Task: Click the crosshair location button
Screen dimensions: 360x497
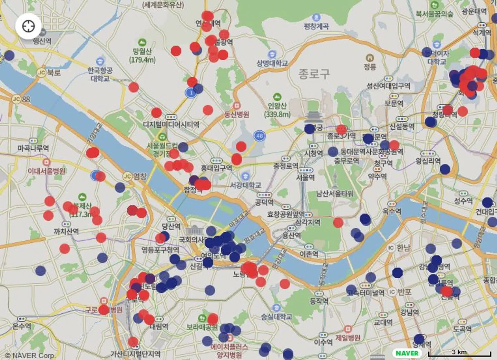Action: pos(28,26)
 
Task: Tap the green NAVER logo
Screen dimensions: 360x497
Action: pos(407,353)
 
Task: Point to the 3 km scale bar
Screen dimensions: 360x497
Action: pos(459,353)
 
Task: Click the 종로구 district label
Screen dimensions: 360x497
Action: pos(314,73)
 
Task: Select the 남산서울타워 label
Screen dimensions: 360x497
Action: pos(335,193)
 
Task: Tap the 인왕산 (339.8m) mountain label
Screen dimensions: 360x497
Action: pos(277,110)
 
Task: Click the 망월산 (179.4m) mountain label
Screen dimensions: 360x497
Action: pos(142,55)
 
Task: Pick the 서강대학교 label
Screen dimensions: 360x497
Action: pos(245,185)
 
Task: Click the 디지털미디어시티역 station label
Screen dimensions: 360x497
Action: pos(171,124)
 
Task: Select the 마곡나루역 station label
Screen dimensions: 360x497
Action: pos(33,148)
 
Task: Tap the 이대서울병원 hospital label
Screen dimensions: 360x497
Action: pos(47,171)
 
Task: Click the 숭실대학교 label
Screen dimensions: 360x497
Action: pos(276,316)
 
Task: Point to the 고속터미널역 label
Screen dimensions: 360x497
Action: pos(366,293)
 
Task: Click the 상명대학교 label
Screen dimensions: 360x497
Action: pos(272,63)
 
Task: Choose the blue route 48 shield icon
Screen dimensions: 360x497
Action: pos(260,136)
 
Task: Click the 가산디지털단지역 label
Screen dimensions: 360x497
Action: pos(135,353)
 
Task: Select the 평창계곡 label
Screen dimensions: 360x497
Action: pos(316,26)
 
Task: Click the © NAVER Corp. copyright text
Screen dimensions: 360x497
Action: pos(29,356)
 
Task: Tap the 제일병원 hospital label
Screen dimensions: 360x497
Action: pos(348,337)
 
